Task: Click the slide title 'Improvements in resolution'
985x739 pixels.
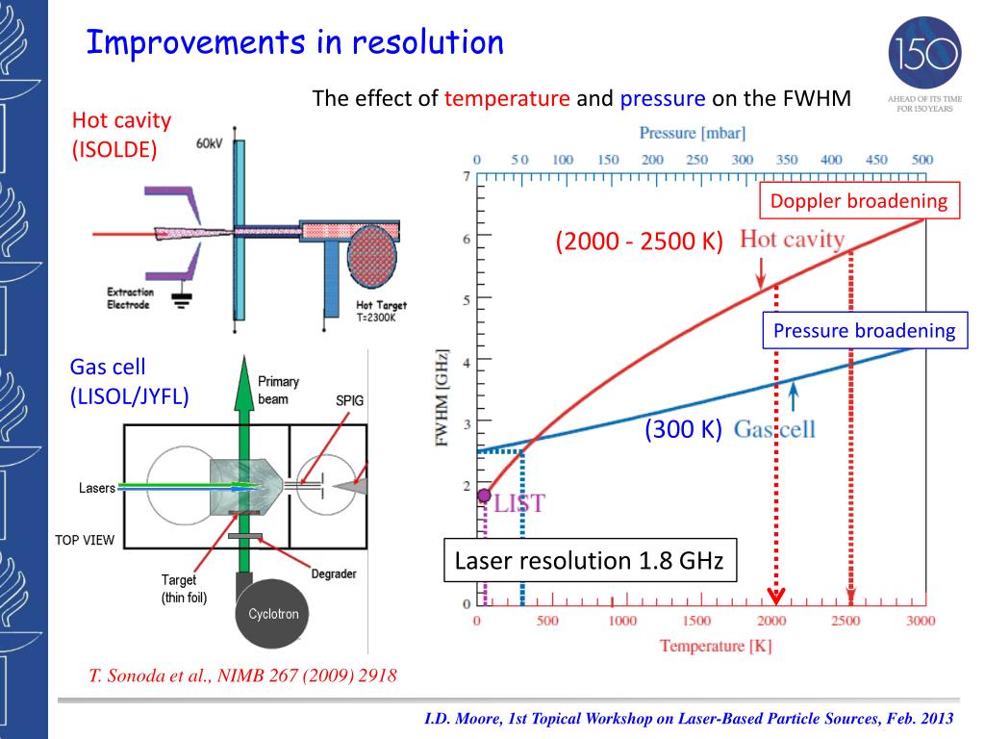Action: tap(294, 43)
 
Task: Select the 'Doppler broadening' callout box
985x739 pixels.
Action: tap(859, 202)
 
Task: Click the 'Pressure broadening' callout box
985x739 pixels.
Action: tap(865, 331)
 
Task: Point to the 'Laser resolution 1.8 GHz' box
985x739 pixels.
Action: tap(589, 561)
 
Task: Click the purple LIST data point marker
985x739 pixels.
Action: tap(484, 496)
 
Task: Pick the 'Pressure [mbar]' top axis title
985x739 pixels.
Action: tap(693, 133)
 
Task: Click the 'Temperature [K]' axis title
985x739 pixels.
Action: tap(715, 646)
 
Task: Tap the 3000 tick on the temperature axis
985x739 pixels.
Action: tap(920, 621)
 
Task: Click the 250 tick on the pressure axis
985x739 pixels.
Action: tap(697, 160)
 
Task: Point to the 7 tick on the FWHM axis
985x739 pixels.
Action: tap(467, 177)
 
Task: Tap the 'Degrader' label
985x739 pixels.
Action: tap(334, 574)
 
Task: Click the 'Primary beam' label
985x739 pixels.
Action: tap(279, 390)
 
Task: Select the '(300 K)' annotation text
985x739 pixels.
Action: tap(683, 429)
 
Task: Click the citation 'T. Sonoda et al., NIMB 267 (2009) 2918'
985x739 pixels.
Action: tap(242, 675)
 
